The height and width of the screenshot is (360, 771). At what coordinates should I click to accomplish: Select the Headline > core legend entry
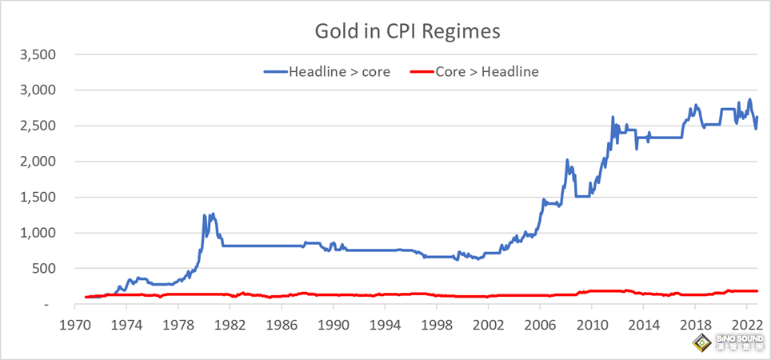(339, 71)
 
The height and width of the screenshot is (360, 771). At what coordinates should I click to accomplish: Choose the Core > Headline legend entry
(486, 71)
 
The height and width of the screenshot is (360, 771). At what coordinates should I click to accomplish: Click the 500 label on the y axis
(42, 269)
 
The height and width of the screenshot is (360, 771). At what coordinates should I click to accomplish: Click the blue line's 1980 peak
(213, 214)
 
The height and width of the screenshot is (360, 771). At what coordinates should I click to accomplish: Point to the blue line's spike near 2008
(567, 160)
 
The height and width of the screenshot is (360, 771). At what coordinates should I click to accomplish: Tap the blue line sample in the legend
(274, 71)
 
